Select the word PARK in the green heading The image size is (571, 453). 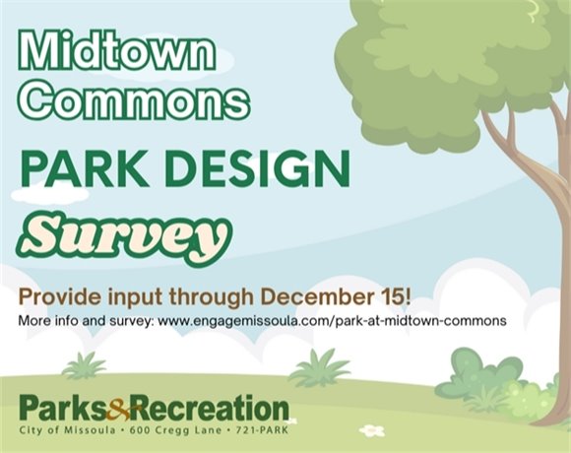(x=80, y=169)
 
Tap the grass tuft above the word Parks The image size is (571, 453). (x=86, y=365)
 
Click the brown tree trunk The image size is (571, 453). (x=537, y=246)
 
